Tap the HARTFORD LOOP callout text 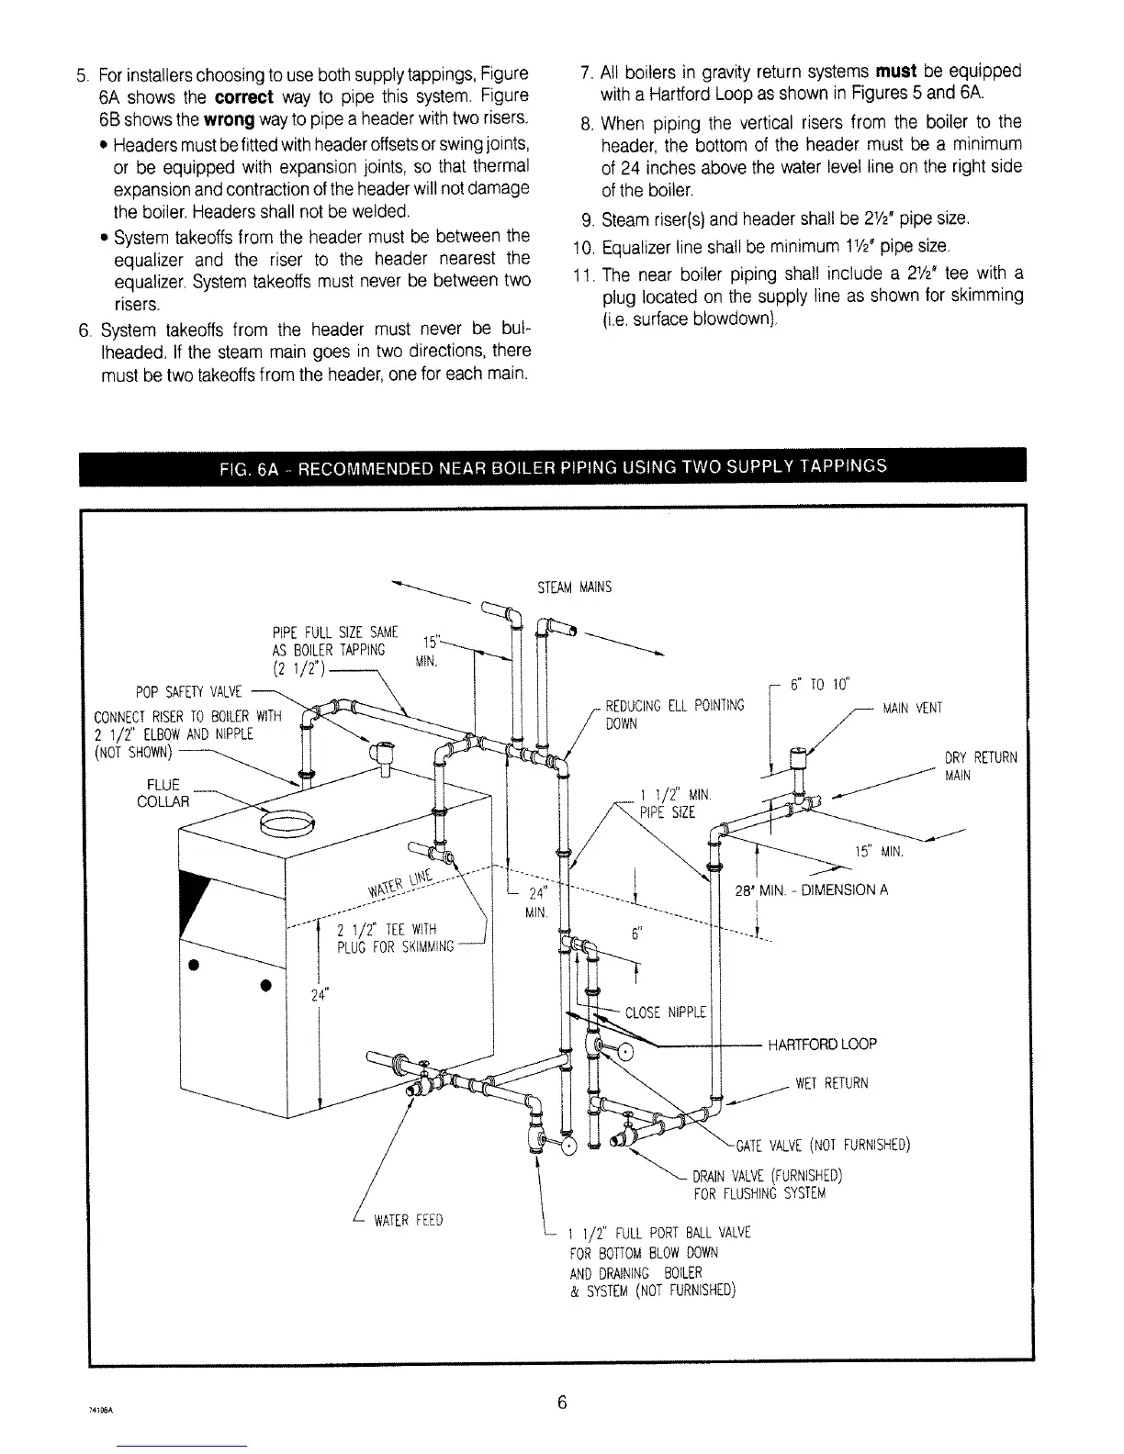point(822,1044)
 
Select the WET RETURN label point(831,1083)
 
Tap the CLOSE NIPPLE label point(665,1013)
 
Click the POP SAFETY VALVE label point(186,691)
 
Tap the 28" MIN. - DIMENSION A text point(811,889)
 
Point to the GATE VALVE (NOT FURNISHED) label point(822,1145)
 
